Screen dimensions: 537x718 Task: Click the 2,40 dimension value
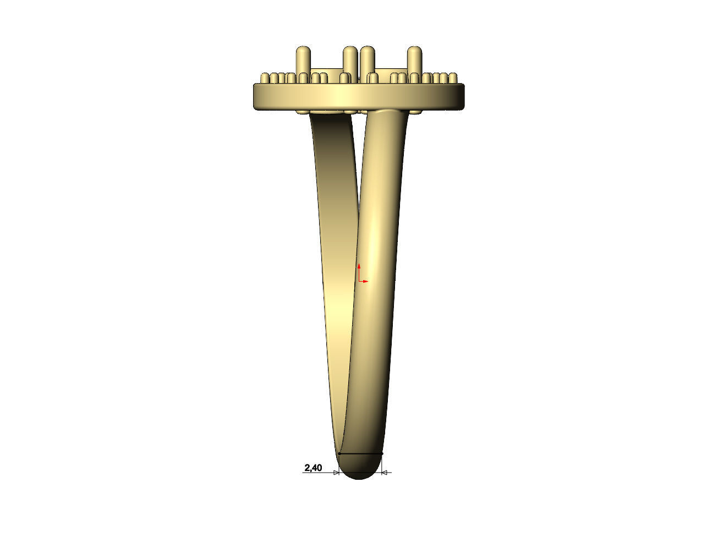point(313,468)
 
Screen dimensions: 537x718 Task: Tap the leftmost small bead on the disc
point(265,78)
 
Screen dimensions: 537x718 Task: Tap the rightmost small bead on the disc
point(453,78)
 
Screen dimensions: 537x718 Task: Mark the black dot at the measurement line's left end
point(339,454)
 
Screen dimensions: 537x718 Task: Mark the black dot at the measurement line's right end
point(382,454)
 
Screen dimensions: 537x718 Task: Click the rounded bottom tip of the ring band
point(359,476)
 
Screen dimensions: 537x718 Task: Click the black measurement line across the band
point(360,453)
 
